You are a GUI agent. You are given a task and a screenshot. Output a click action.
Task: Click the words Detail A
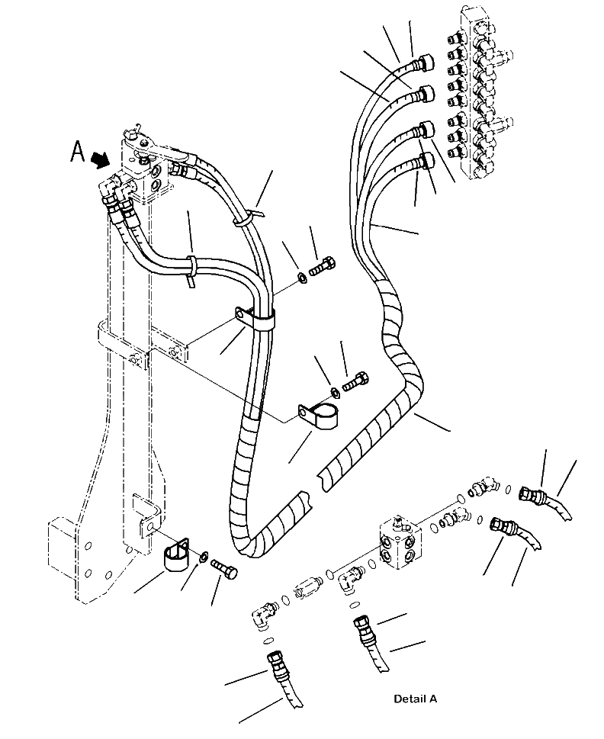tap(416, 699)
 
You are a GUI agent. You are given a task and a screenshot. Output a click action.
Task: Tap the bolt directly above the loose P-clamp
tap(355, 381)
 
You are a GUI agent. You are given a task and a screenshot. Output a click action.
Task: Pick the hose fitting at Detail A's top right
tap(531, 496)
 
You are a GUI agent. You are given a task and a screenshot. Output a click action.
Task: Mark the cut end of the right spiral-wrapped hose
tap(324, 474)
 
